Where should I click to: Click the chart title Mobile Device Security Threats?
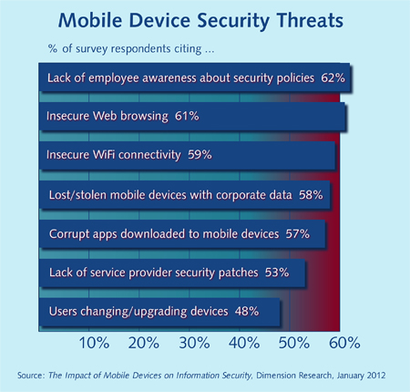click(x=205, y=20)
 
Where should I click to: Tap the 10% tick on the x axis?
click(x=96, y=344)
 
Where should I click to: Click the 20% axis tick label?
click(x=145, y=344)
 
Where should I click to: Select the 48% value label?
click(x=243, y=311)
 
